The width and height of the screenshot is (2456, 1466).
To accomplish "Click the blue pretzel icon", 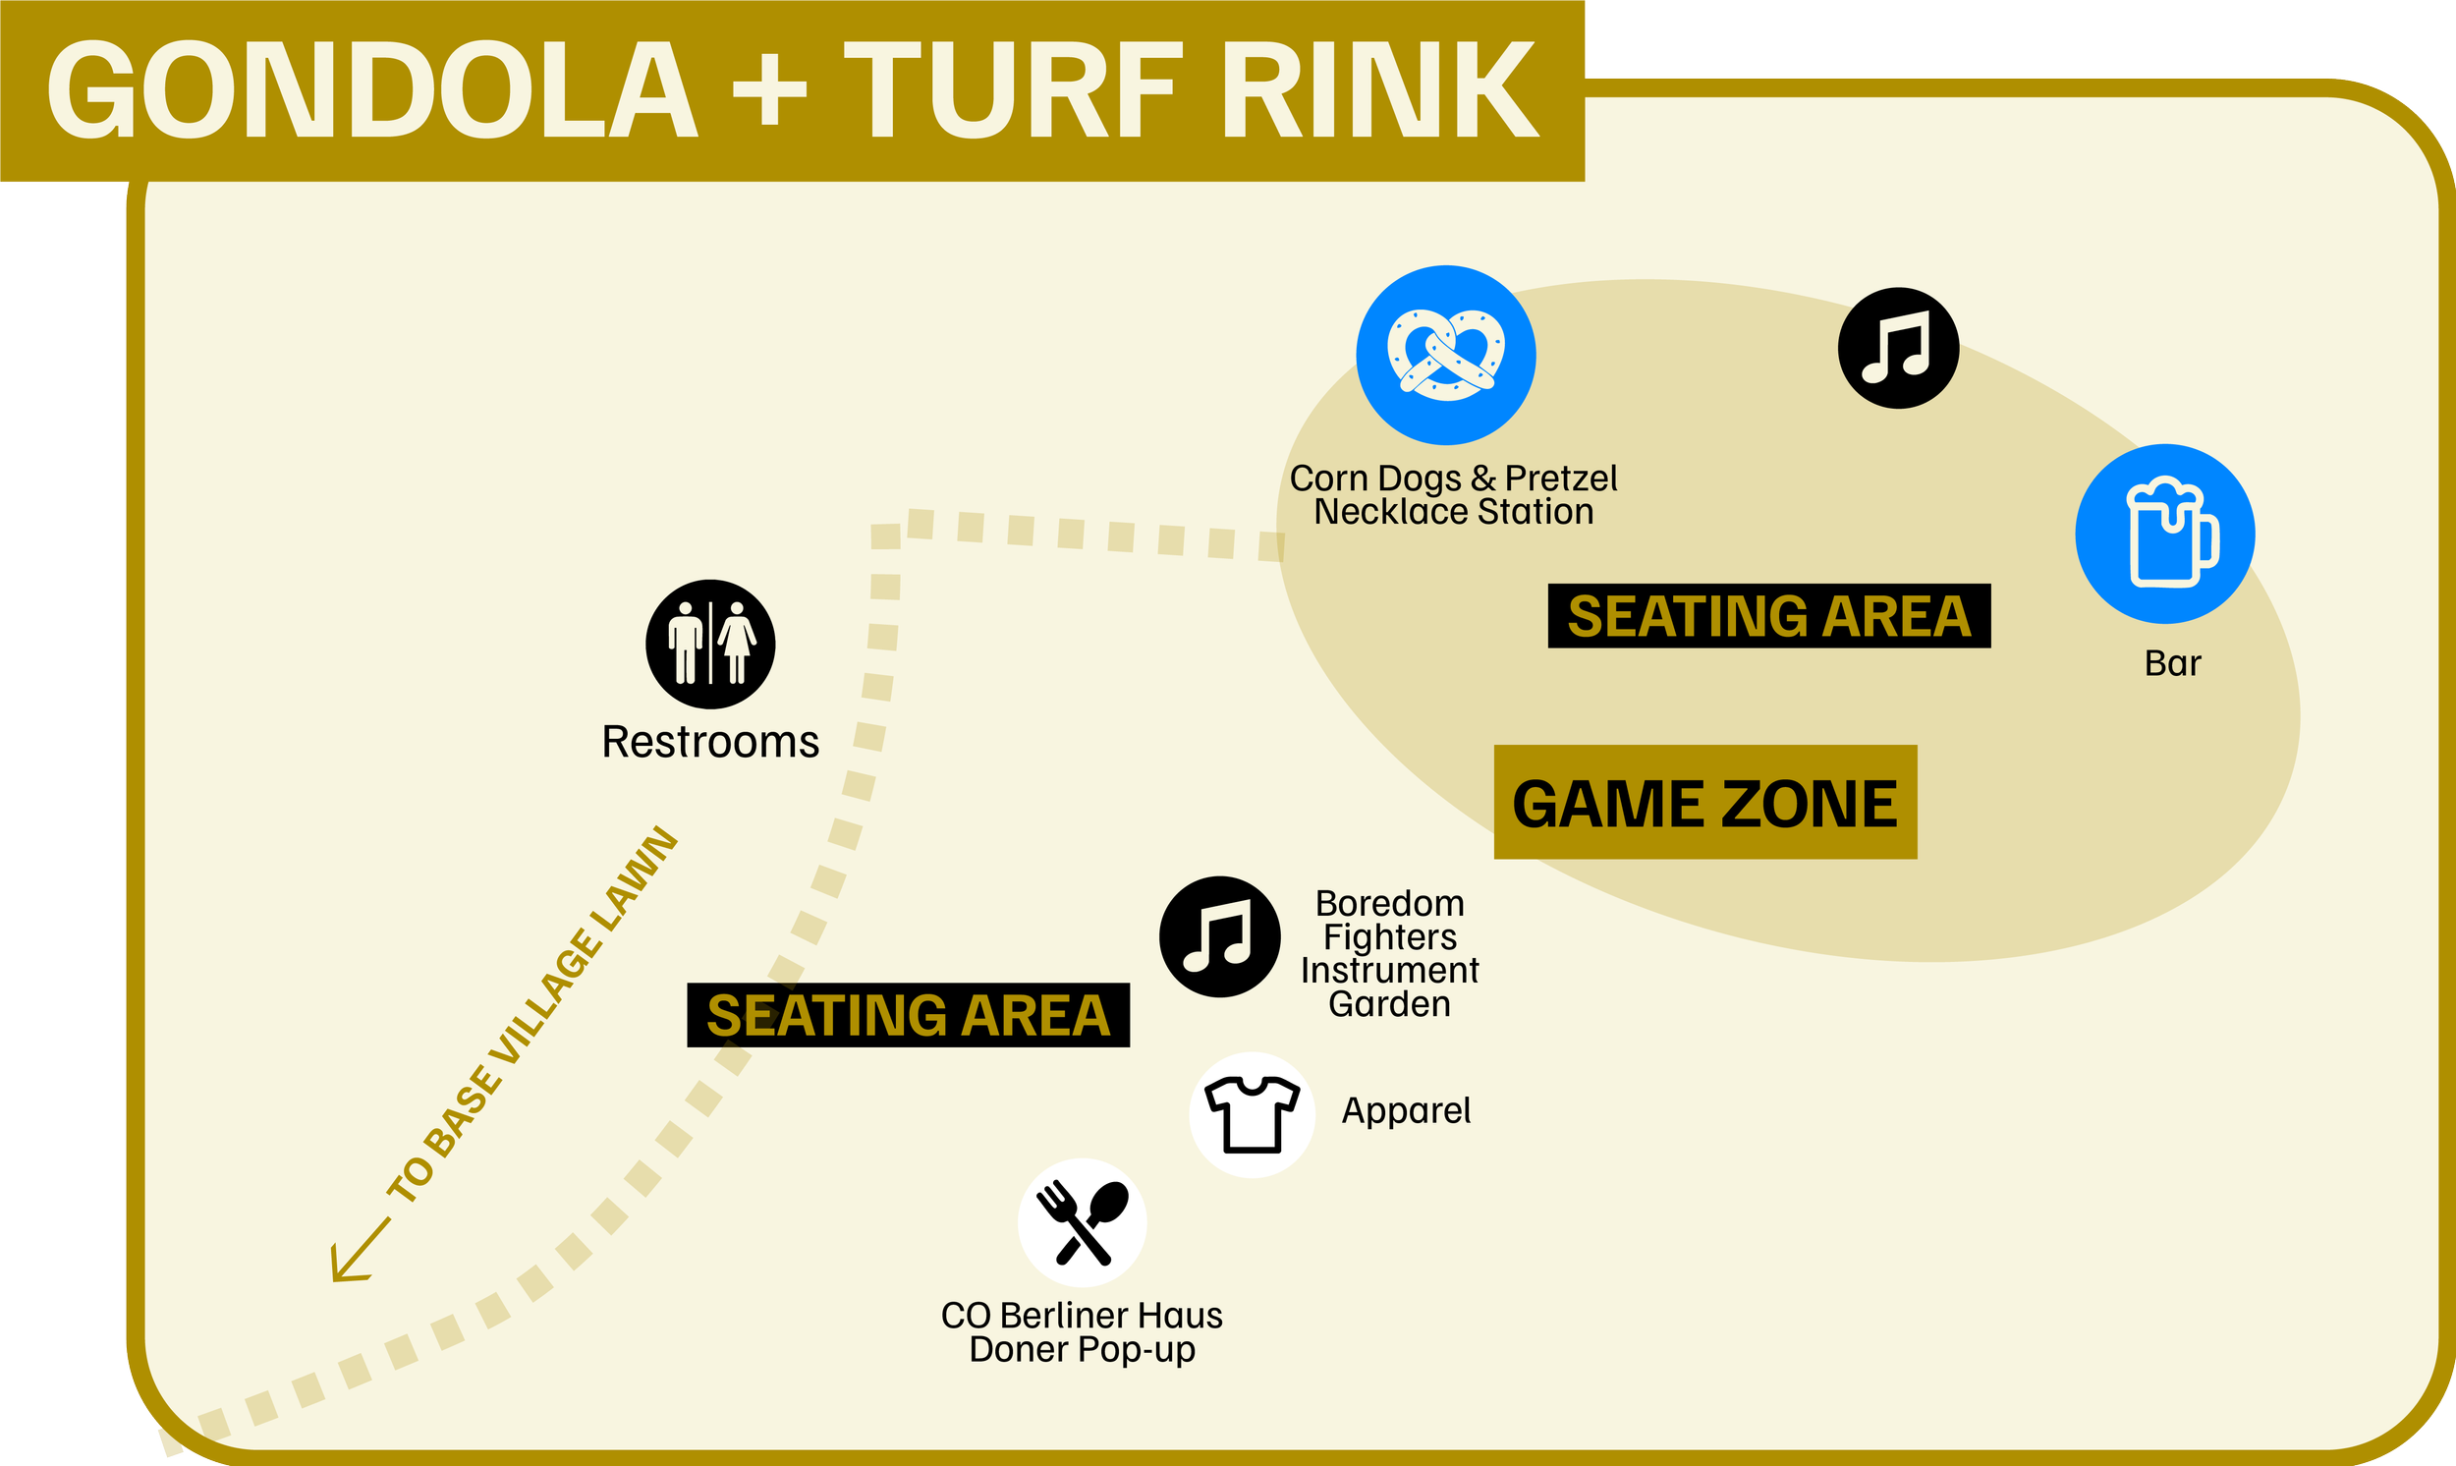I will (x=1446, y=355).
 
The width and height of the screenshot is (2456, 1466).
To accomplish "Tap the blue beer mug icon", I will (x=2164, y=534).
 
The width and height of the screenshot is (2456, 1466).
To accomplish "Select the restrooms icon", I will (x=710, y=645).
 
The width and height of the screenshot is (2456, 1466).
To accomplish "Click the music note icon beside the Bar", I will (x=1898, y=348).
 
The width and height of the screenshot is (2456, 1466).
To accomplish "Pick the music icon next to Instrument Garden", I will (x=1219, y=936).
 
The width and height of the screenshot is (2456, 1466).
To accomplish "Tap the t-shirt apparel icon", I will (x=1253, y=1114).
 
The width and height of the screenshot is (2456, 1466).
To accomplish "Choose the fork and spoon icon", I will (x=1083, y=1222).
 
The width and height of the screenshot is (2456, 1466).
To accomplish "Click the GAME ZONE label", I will (x=1704, y=802).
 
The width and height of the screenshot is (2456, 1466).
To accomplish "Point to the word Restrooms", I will (x=710, y=742).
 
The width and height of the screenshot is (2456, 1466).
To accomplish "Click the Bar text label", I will (x=2172, y=663).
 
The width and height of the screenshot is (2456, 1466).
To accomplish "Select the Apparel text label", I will (x=1405, y=1110).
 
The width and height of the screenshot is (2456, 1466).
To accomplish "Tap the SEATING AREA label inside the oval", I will (x=1768, y=616).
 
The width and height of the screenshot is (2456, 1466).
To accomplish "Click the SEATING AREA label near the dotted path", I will (x=909, y=1016).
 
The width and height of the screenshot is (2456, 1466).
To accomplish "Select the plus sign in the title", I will (x=769, y=90).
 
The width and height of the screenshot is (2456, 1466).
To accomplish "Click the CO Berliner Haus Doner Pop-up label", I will (x=1082, y=1331).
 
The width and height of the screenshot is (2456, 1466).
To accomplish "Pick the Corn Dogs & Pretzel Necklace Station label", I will (x=1454, y=495).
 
